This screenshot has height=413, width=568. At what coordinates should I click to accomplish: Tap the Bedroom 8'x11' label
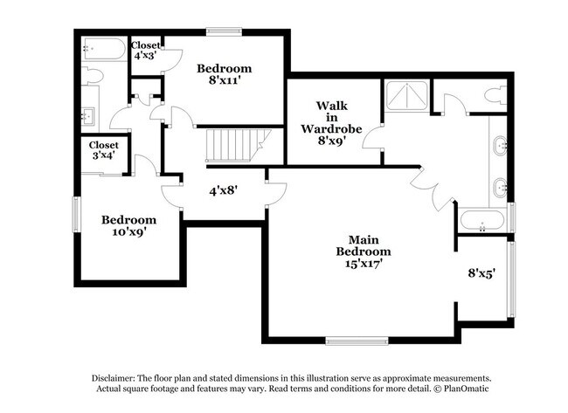click(x=224, y=75)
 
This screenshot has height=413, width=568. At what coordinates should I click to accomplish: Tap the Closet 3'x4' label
click(x=103, y=150)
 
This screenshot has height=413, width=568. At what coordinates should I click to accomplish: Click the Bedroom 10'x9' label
click(x=128, y=226)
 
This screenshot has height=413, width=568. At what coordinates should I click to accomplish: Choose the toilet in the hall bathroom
click(x=92, y=76)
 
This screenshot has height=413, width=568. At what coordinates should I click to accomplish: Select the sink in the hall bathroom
click(x=89, y=114)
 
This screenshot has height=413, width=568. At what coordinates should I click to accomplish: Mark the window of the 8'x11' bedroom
click(x=225, y=32)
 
